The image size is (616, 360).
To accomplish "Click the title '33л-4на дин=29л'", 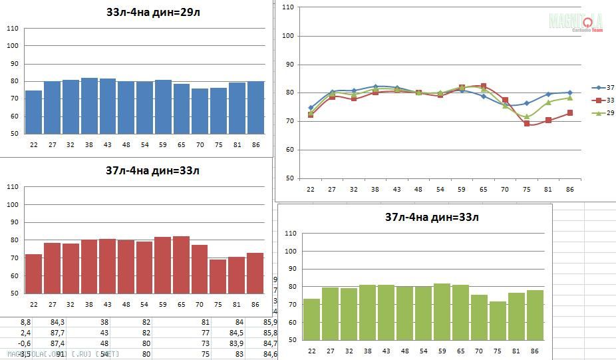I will pyautogui.click(x=152, y=12).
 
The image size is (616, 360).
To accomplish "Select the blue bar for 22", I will pyautogui.click(x=33, y=112).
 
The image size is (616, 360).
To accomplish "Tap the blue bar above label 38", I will pyautogui.click(x=89, y=106).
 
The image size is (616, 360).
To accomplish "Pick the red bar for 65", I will pyautogui.click(x=181, y=265).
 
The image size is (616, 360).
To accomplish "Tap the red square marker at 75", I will pyautogui.click(x=527, y=123).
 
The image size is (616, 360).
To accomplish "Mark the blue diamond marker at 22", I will pyautogui.click(x=311, y=107).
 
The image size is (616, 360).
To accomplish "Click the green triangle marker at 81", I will pyautogui.click(x=549, y=102).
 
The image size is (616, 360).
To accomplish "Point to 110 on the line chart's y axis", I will pyautogui.click(x=288, y=7).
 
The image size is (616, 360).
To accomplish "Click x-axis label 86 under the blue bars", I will pyautogui.click(x=255, y=142).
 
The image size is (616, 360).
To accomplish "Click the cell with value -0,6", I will pyautogui.click(x=24, y=343).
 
